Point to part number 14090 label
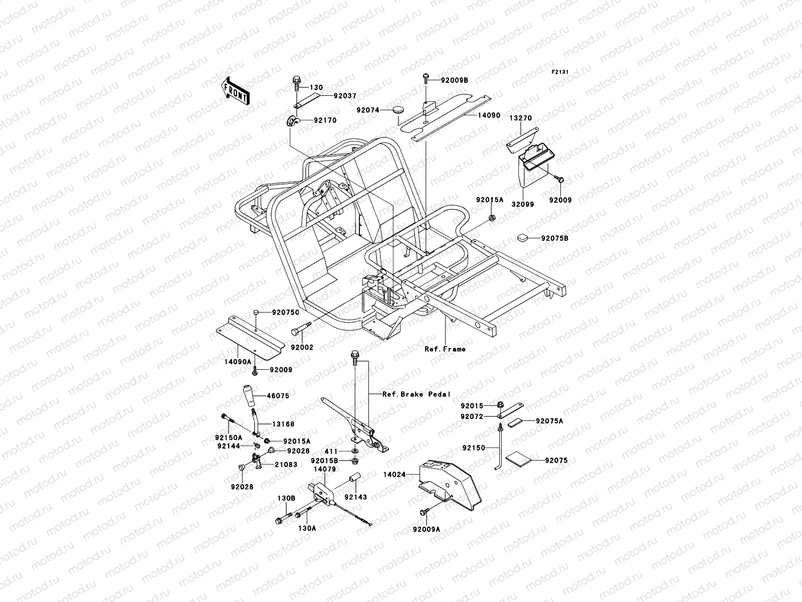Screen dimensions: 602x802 (488, 115)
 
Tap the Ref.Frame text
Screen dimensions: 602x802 (445, 349)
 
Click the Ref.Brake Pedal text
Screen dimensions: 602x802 (416, 394)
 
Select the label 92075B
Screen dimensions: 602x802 (554, 238)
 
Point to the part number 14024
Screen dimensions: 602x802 (394, 473)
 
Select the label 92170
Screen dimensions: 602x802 (325, 120)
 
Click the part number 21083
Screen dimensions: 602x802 (286, 465)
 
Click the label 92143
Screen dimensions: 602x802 (356, 497)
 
